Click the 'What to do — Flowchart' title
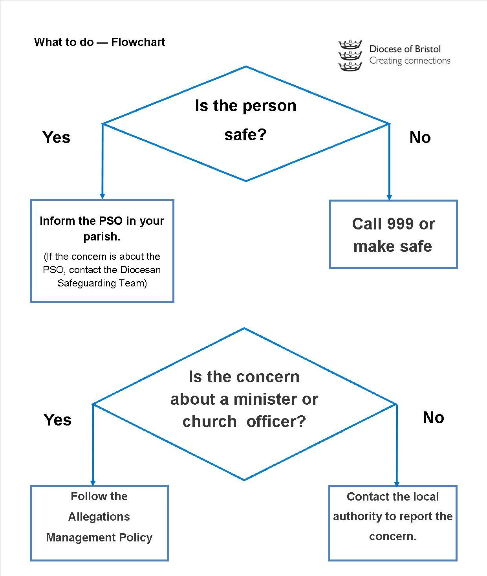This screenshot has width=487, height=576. [x=99, y=42]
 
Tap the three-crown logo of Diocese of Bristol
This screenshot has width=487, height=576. [x=350, y=56]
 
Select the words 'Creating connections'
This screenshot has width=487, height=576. [x=410, y=61]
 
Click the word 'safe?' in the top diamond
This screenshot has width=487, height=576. [x=245, y=134]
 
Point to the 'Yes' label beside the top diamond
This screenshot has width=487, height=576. [x=57, y=138]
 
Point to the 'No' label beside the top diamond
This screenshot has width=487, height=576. [x=420, y=138]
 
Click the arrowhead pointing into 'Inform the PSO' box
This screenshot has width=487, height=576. [x=103, y=196]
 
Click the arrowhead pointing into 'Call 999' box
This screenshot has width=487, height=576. [x=389, y=197]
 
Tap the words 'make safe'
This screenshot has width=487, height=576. [x=393, y=246]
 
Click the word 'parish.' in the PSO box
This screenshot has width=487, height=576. [x=102, y=237]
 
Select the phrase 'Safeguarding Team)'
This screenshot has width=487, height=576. [x=102, y=283]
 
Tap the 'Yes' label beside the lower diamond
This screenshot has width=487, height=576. [x=58, y=420]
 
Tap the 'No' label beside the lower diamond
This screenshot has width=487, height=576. [x=433, y=418]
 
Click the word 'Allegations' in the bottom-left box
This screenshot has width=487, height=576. [x=99, y=517]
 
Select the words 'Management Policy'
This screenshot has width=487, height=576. [x=99, y=537]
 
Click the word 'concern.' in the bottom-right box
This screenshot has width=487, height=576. [x=393, y=536]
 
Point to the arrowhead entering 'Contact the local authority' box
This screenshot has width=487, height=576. [x=397, y=483]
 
